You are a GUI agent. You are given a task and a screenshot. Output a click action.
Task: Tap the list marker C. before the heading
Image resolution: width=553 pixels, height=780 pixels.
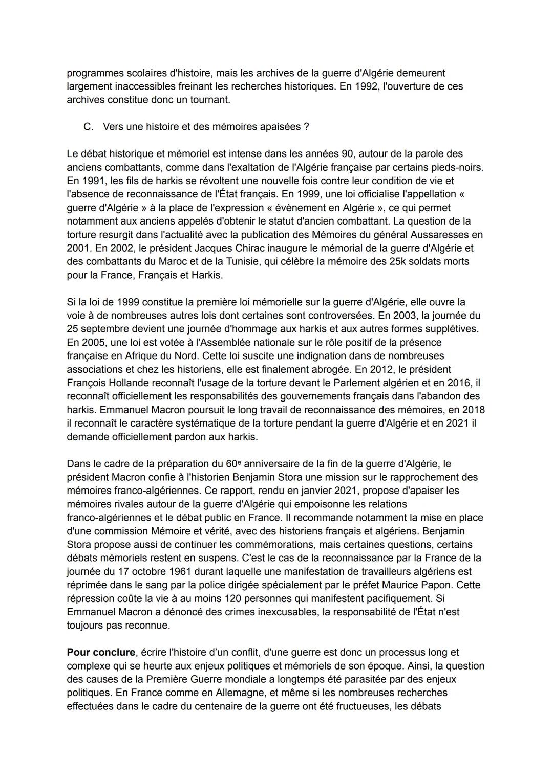(88, 126)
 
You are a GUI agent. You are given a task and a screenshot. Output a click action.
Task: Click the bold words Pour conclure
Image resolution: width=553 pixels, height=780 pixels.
(101, 652)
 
